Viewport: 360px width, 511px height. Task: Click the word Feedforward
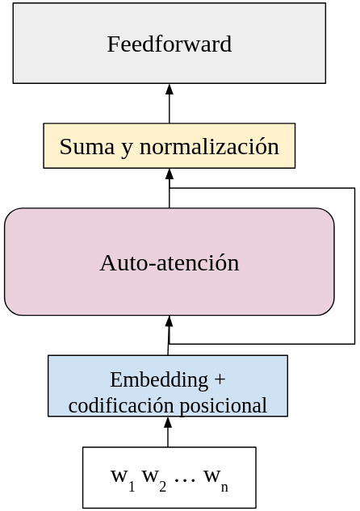[170, 44]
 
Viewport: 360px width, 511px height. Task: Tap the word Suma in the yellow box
[87, 147]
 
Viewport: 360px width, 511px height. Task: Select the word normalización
[209, 146]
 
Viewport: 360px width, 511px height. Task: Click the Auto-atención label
[170, 262]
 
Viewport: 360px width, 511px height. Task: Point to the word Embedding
[159, 381]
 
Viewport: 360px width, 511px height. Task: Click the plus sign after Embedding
[220, 379]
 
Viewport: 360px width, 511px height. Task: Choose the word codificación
[121, 406]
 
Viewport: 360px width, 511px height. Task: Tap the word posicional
[223, 406]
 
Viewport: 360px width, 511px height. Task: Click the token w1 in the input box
[123, 479]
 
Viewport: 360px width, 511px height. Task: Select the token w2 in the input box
[154, 479]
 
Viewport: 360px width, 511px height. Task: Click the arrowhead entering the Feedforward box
[169, 90]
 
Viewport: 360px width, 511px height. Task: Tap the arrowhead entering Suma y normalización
[169, 174]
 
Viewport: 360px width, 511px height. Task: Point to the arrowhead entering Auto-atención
[169, 321]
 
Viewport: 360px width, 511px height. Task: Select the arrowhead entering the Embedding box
[168, 422]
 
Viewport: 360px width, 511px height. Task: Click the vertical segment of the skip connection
[354, 266]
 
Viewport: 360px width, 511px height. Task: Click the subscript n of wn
[224, 488]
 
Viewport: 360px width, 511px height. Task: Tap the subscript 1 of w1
[132, 486]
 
